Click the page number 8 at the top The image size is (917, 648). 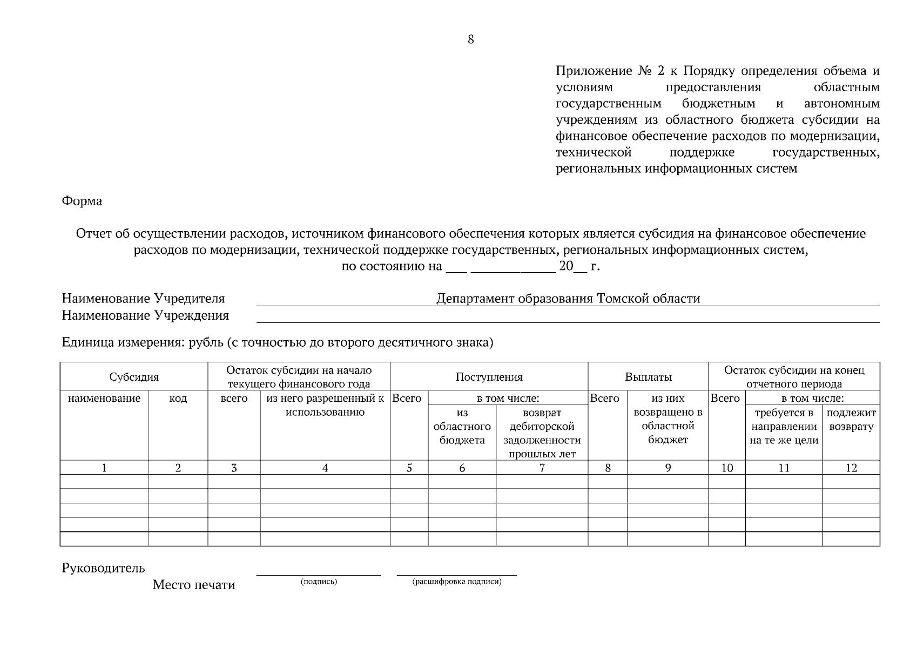[470, 39]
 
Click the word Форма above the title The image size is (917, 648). [82, 201]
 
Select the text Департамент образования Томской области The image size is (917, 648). [568, 299]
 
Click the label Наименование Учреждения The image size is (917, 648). [145, 315]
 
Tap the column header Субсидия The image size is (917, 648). [134, 377]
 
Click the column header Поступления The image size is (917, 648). [489, 377]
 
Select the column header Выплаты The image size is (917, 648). [648, 377]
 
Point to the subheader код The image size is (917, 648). [178, 399]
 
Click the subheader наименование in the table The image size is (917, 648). [104, 399]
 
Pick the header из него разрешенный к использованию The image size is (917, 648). [325, 406]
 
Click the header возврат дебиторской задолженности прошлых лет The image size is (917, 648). [542, 433]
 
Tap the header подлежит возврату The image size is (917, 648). [851, 420]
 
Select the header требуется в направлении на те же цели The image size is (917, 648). [784, 427]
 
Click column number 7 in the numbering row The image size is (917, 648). [542, 468]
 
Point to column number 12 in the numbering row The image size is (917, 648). [851, 468]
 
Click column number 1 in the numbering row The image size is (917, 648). [104, 468]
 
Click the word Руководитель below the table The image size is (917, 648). [103, 568]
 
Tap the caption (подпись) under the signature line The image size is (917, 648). [319, 582]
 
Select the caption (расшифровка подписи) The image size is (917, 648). [457, 582]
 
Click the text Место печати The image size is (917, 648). [193, 585]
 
